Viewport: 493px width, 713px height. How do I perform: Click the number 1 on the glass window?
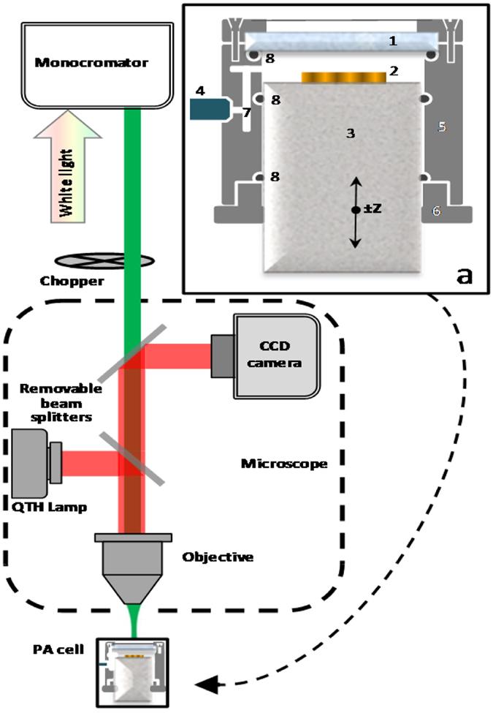click(x=392, y=42)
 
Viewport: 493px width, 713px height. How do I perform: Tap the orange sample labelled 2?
click(x=343, y=77)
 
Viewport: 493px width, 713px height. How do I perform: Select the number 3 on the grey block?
click(x=351, y=133)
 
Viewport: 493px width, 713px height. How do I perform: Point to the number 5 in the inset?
click(x=440, y=127)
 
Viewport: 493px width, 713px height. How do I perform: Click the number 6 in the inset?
click(x=436, y=210)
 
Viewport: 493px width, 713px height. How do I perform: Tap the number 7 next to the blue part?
click(x=247, y=113)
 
